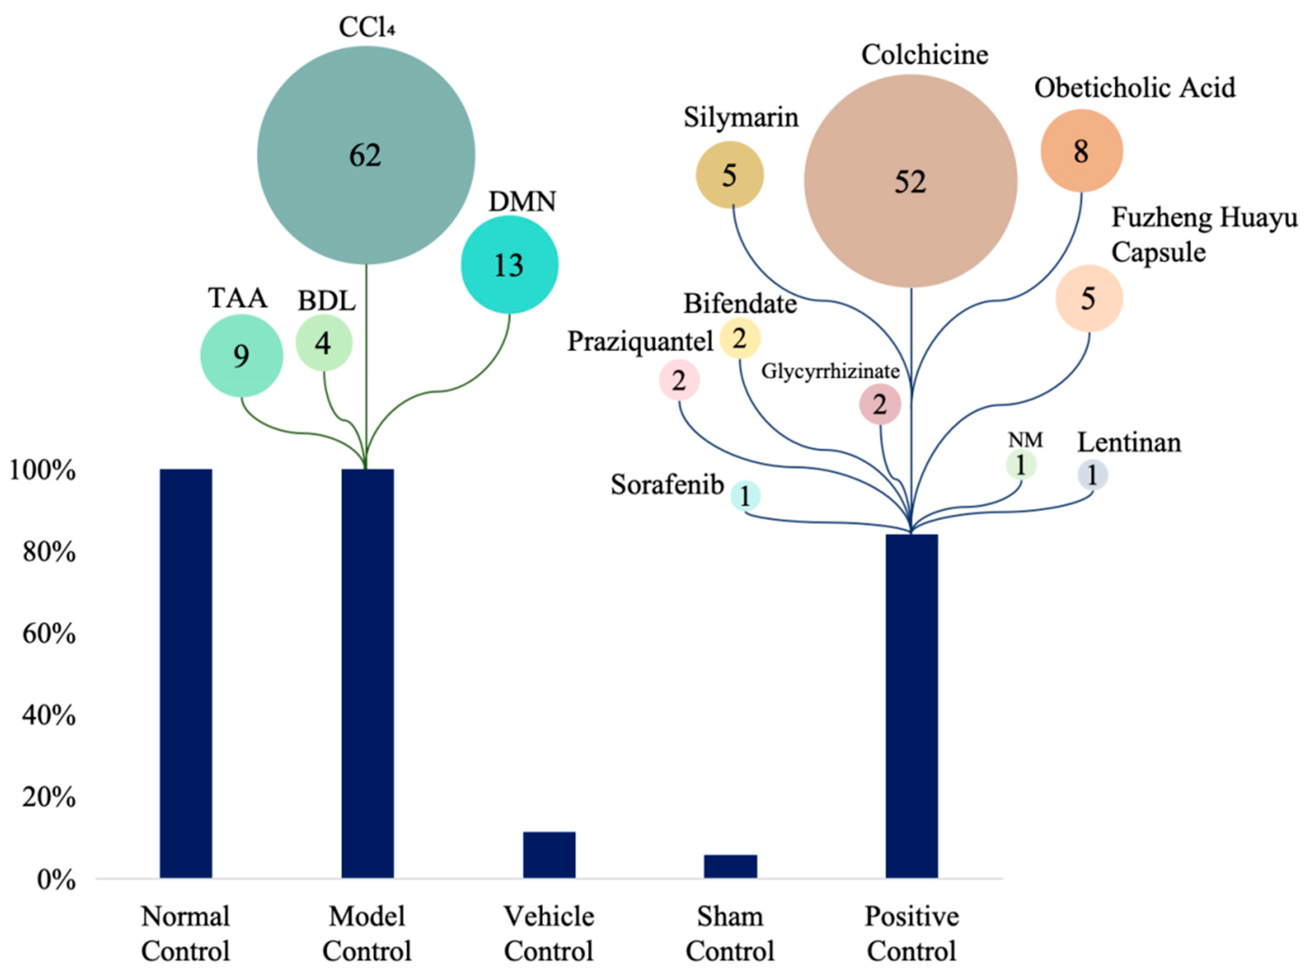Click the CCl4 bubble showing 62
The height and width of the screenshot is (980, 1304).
[x=366, y=155]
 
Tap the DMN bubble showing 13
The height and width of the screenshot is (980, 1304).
[x=509, y=265]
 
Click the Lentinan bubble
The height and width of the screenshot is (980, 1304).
[x=1092, y=475]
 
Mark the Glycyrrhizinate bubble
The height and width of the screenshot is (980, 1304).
[x=879, y=405]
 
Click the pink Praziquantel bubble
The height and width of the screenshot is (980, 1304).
[x=679, y=380]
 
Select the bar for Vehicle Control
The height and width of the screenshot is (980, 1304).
[x=549, y=854]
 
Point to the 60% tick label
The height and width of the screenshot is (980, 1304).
[x=49, y=634]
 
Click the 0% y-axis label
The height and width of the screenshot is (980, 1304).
[x=56, y=880]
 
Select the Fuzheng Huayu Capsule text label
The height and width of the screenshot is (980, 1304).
[x=1203, y=235]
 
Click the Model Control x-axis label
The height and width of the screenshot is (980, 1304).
[x=366, y=934]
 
